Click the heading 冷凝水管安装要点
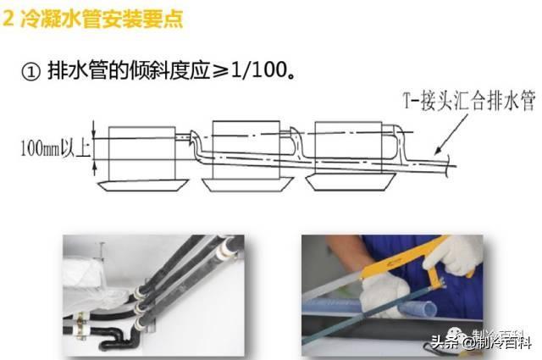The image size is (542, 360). pyautogui.click(x=102, y=19)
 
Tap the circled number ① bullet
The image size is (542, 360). pyautogui.click(x=30, y=72)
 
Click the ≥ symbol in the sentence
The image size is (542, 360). pyautogui.click(x=220, y=71)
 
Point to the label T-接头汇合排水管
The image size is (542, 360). pyautogui.click(x=470, y=101)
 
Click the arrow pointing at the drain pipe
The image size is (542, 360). pyautogui.click(x=451, y=134)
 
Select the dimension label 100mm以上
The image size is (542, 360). pyautogui.click(x=56, y=148)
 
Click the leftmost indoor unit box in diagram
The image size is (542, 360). pyautogui.click(x=142, y=153)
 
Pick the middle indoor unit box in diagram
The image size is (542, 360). pyautogui.click(x=246, y=149)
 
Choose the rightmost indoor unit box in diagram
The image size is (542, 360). pyautogui.click(x=348, y=147)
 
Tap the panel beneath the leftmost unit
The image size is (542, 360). pyautogui.click(x=143, y=186)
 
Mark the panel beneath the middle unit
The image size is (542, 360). pyautogui.click(x=247, y=185)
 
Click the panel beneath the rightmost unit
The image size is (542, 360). pyautogui.click(x=351, y=182)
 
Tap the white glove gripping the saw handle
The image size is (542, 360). pyautogui.click(x=454, y=255)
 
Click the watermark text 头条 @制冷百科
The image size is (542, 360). pyautogui.click(x=482, y=343)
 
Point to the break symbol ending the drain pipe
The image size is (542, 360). pyautogui.click(x=448, y=165)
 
